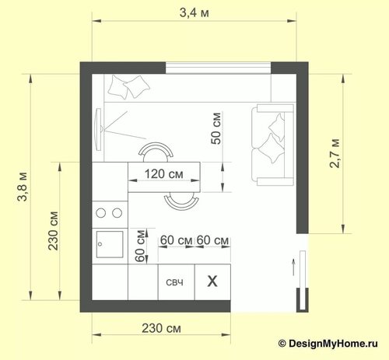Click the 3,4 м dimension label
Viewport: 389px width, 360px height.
pyautogui.click(x=194, y=12)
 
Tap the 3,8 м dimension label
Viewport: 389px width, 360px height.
pyautogui.click(x=23, y=187)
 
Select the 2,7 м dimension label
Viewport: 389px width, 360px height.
pyautogui.click(x=335, y=153)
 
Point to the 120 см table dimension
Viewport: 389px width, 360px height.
pyautogui.click(x=164, y=174)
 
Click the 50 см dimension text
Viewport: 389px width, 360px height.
pyautogui.click(x=216, y=128)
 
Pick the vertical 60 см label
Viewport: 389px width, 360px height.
pyautogui.click(x=140, y=246)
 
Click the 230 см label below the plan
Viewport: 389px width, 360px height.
pyautogui.click(x=161, y=328)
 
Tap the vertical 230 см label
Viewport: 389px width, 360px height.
pyautogui.click(x=54, y=231)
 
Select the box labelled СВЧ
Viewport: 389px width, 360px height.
pyautogui.click(x=177, y=282)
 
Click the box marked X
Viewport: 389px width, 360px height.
pyautogui.click(x=212, y=282)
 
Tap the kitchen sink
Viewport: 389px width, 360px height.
pyautogui.click(x=110, y=244)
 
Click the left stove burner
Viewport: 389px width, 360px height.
pyautogui.click(x=100, y=213)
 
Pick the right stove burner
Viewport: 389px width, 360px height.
pyautogui.click(x=117, y=213)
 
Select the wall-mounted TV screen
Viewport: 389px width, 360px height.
pyautogui.click(x=98, y=129)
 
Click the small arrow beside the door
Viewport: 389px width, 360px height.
pyautogui.click(x=293, y=267)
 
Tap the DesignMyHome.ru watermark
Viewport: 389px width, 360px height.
pyautogui.click(x=328, y=344)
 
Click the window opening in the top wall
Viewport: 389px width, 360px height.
pyautogui.click(x=219, y=68)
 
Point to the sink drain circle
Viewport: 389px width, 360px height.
pyautogui.click(x=100, y=244)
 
